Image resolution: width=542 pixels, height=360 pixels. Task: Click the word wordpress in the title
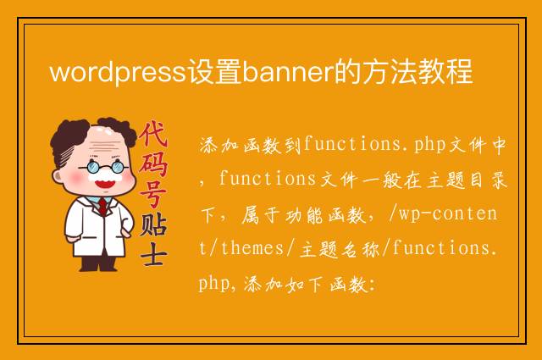pos(119,72)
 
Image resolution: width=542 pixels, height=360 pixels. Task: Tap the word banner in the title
pos(288,72)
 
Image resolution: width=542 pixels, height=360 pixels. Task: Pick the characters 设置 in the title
pos(214,72)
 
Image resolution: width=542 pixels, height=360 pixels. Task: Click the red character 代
pos(153,134)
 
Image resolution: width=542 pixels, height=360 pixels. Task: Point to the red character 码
pos(153,164)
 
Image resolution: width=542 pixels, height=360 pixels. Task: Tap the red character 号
pos(153,194)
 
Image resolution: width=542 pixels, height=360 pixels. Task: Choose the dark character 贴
pos(154,224)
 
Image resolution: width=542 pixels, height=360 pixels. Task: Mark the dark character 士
pos(154,254)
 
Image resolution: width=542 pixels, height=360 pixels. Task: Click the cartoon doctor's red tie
pos(102,207)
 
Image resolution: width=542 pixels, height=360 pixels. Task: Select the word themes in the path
pos(252,248)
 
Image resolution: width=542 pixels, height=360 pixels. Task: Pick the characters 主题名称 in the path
pos(340,249)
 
